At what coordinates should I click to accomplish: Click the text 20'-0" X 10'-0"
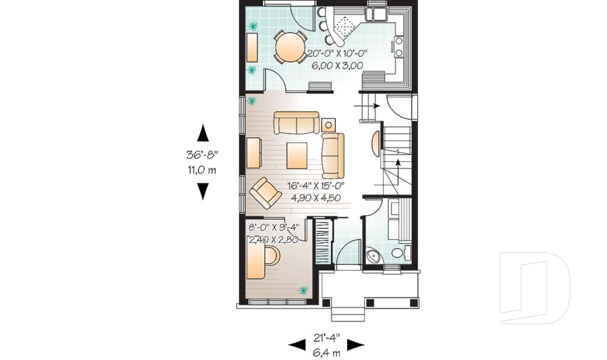pos(337,54)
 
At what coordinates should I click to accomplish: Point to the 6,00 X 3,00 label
pos(337,65)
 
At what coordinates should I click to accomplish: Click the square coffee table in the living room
pos(297,155)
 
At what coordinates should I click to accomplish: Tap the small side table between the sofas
pos(328,123)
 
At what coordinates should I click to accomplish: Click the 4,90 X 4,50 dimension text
pos(316,197)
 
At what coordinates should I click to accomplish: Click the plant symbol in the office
pos(303,290)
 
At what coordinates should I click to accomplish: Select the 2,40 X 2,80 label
pos(273,240)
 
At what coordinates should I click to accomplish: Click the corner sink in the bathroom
pos(373,256)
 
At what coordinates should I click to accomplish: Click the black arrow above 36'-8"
pos(202,133)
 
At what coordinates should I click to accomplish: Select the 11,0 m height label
pos(202,170)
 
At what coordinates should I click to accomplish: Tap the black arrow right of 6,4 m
pos(355,345)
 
